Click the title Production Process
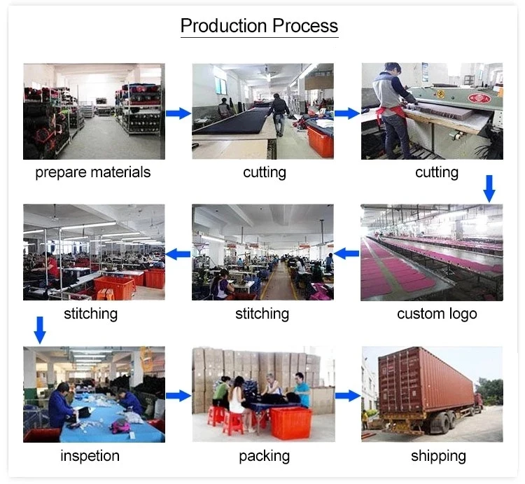(259, 26)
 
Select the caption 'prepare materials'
(93, 172)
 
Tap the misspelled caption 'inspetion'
(90, 456)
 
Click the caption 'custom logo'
(437, 313)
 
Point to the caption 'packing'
(264, 456)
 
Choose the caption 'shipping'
(438, 456)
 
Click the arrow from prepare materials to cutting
(178, 113)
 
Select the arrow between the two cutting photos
(347, 113)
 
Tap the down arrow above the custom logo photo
(489, 188)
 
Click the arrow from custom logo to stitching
(347, 254)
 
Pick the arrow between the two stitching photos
(178, 254)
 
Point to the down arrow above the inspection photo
(40, 330)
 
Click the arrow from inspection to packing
(178, 396)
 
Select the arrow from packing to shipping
(347, 396)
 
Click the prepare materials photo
(94, 111)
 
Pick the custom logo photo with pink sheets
(431, 253)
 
